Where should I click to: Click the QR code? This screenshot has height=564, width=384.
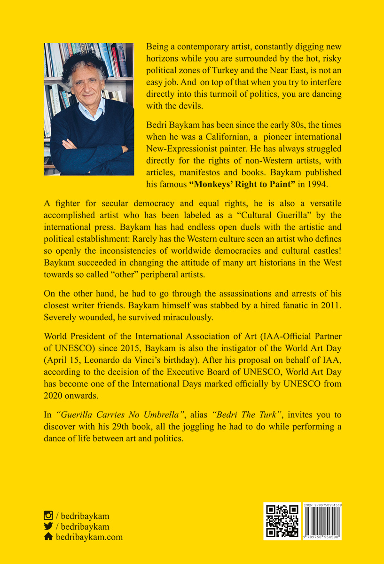click(282, 521)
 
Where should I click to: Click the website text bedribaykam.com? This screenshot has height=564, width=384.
click(89, 537)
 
